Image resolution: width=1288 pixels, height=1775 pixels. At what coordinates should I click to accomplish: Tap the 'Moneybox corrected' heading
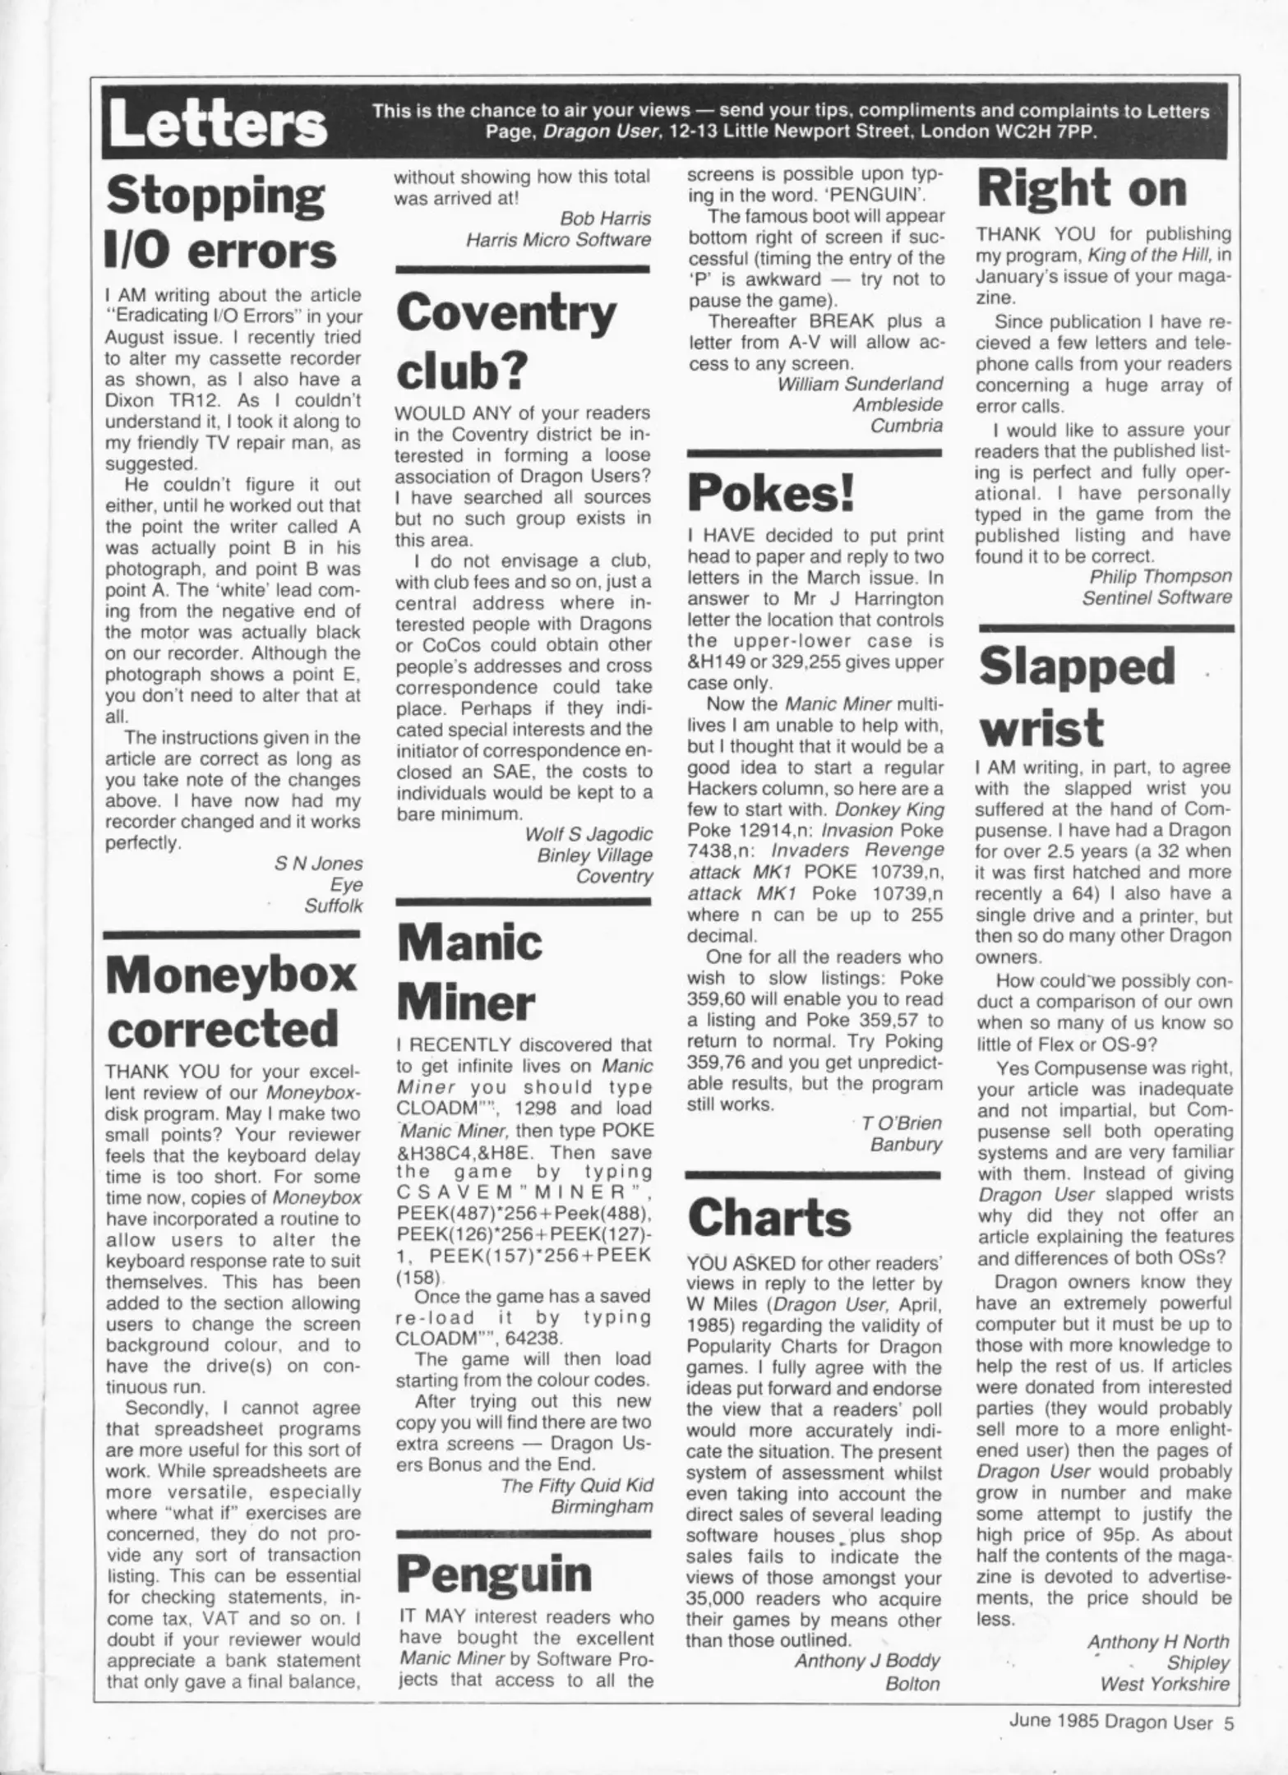click(231, 1002)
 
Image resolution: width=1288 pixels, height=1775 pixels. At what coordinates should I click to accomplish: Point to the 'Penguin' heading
click(495, 1574)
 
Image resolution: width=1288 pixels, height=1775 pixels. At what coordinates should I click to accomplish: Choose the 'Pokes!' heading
click(771, 493)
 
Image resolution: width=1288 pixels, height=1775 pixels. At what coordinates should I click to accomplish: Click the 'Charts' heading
click(769, 1218)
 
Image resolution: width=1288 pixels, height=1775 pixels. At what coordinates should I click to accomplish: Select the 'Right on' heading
click(1081, 188)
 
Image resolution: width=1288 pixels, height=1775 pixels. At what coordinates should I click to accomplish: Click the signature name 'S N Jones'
click(318, 864)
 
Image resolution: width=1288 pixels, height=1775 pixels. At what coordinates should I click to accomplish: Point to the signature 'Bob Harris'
click(605, 219)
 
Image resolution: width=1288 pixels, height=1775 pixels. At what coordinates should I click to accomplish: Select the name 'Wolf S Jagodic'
click(589, 834)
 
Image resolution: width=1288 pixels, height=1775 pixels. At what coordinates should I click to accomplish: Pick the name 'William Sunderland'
click(860, 384)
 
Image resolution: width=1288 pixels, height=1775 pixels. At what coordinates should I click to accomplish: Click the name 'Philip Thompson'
click(1161, 577)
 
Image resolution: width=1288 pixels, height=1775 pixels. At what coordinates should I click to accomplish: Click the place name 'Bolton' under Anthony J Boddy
click(912, 1684)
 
